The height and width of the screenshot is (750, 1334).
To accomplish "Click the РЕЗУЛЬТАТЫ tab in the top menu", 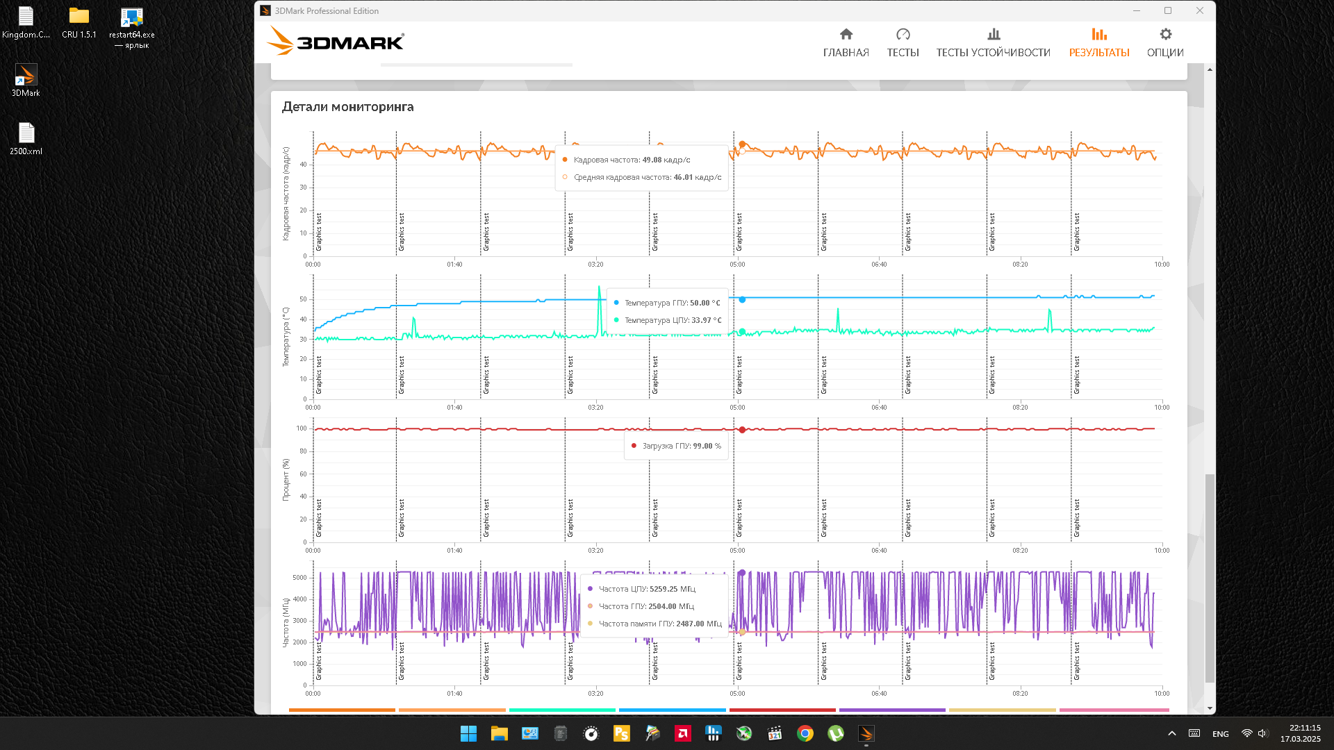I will pos(1098,42).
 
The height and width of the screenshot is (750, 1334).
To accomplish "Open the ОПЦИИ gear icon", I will pos(1165,35).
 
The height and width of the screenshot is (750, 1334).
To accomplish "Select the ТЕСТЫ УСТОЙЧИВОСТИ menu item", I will pos(993,42).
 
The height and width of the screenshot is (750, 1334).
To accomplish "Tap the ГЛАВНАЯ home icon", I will pos(846,35).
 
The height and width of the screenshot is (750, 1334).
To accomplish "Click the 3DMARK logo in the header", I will pos(336,42).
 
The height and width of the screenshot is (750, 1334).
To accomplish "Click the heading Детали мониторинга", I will pos(347,107).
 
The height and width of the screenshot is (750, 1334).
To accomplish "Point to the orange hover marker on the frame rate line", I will pos(742,144).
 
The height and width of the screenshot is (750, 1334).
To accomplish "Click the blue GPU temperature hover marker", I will pos(742,300).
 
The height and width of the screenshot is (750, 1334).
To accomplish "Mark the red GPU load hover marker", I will pos(742,430).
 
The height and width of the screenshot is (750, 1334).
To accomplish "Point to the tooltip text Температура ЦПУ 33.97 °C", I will pos(672,320).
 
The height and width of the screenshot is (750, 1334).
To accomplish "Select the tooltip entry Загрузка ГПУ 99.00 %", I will pos(681,446).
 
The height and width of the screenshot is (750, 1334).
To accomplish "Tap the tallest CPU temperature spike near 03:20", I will pos(599,288).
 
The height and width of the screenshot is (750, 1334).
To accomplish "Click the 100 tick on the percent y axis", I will pos(302,428).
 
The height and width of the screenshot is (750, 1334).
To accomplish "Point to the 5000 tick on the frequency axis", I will pos(299,578).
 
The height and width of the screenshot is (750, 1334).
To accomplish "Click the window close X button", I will pos(1200,10).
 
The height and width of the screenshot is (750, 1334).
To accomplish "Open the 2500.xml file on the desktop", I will pos(26,134).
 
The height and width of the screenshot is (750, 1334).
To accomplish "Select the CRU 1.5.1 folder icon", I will pos(79,17).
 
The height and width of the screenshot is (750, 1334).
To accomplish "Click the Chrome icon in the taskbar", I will pos(805,733).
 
